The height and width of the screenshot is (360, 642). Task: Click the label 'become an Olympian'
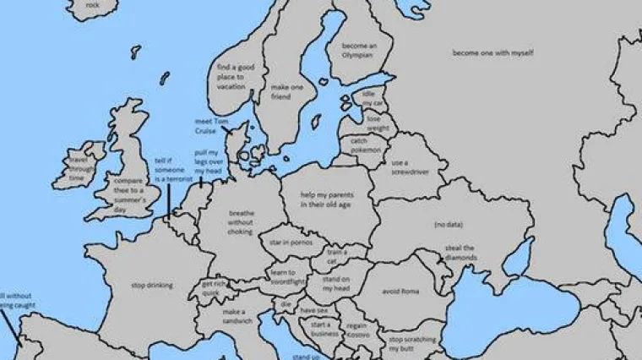[358, 50]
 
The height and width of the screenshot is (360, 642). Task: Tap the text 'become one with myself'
[492, 53]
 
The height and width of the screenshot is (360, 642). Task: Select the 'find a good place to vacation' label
[231, 76]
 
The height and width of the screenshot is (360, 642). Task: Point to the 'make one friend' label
[280, 91]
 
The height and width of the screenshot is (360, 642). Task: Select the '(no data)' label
[448, 225]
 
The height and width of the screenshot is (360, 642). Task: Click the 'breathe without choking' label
[241, 222]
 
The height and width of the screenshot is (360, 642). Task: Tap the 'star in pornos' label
[286, 243]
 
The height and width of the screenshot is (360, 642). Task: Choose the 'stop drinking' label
[152, 286]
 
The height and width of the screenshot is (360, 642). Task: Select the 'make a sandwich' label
[234, 316]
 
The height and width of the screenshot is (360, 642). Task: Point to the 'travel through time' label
[78, 168]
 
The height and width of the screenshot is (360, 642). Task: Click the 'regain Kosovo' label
[357, 330]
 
